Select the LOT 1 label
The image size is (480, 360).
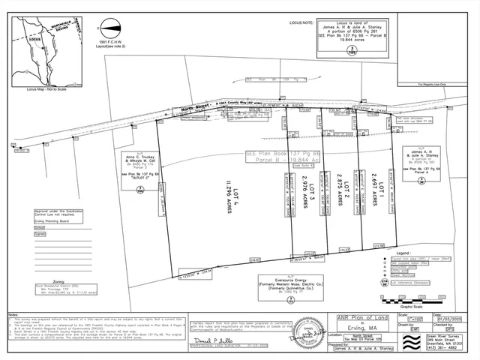pos(381,187)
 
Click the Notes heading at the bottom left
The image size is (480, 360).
pos(13,314)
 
